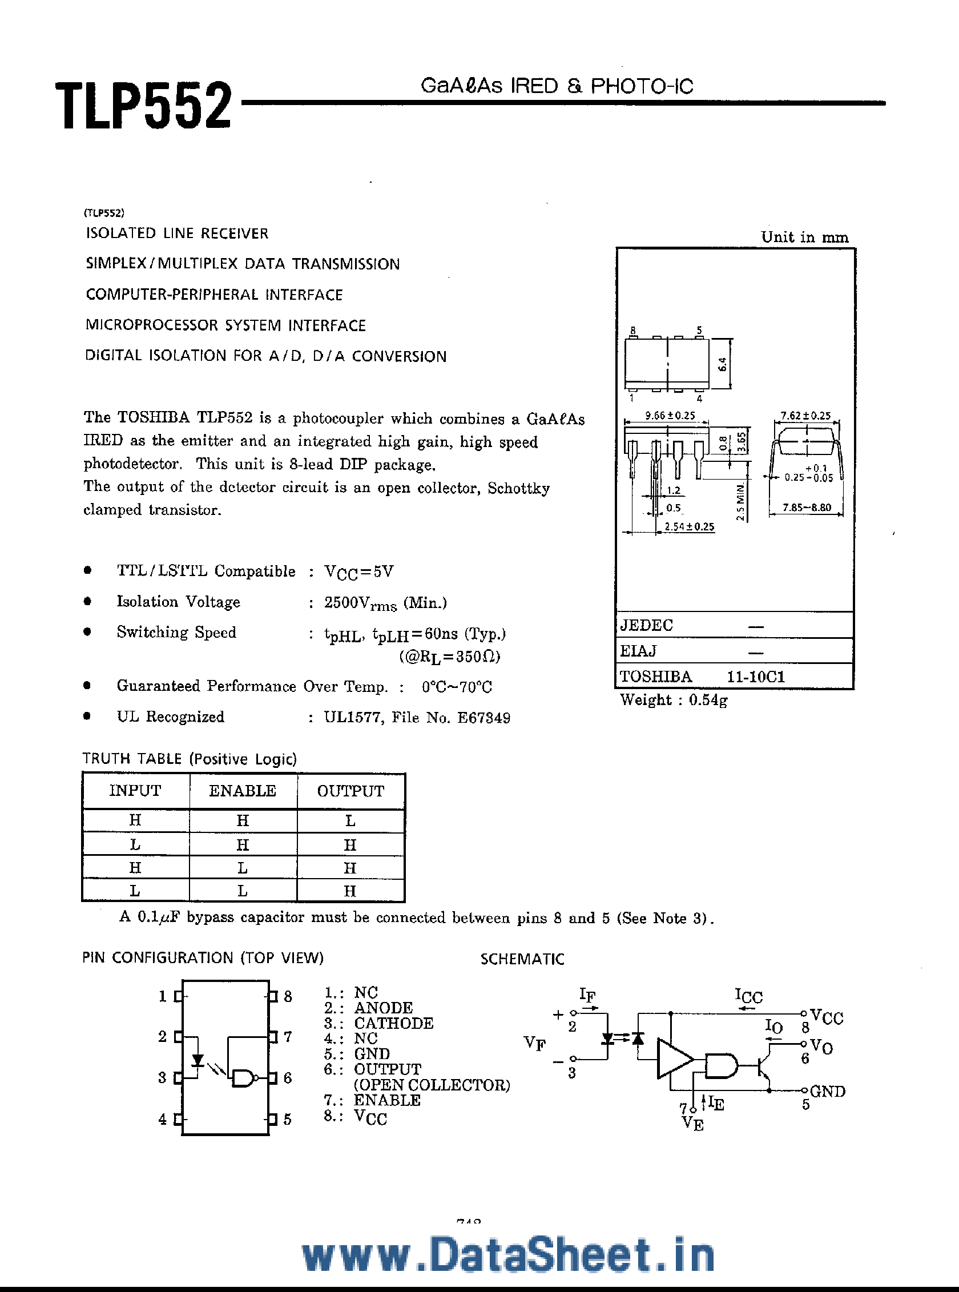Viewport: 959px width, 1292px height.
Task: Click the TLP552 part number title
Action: point(143,106)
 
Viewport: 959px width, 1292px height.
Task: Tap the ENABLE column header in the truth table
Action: point(242,791)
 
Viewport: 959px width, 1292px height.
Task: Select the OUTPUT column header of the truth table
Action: point(350,791)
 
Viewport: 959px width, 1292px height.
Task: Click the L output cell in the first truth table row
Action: point(350,820)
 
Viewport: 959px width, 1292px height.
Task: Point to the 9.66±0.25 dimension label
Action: point(670,416)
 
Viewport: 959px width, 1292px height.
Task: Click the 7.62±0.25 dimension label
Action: point(805,416)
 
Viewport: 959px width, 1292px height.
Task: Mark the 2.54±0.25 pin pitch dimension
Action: point(689,526)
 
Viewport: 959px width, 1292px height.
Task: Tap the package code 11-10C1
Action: point(756,677)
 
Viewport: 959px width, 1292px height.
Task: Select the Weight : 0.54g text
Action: point(674,700)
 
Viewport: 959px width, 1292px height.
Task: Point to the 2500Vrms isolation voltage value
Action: point(360,603)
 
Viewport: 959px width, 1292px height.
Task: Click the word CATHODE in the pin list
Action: point(393,1023)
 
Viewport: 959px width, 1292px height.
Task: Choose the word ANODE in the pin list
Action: point(383,1008)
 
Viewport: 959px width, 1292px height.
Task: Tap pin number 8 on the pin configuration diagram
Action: point(288,996)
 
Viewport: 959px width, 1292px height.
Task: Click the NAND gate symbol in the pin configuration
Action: point(244,1078)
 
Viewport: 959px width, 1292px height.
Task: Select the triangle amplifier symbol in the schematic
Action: point(674,1058)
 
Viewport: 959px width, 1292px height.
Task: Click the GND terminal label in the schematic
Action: point(827,1091)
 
